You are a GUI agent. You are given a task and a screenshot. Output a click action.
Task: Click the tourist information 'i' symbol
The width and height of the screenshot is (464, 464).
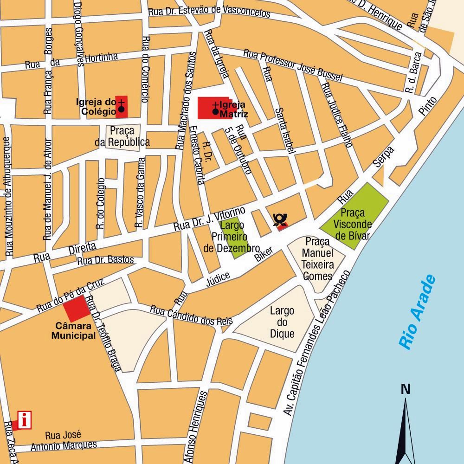pos(24,420)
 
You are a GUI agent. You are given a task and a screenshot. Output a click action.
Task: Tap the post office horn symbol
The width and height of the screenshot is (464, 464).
pos(280,220)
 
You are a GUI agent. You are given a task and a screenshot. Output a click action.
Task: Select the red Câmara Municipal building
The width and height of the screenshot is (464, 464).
pos(76,308)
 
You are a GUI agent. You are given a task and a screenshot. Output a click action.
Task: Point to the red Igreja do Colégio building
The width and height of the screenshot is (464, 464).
pos(122,107)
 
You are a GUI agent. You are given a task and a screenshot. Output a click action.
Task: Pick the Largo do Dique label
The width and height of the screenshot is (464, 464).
pos(282,322)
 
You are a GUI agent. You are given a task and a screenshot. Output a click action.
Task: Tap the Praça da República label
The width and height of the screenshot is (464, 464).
pos(122,137)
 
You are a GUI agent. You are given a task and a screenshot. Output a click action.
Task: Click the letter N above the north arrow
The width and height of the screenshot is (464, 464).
pos(406,389)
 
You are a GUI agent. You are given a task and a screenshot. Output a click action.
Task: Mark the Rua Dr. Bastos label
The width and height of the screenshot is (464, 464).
pos(105,260)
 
